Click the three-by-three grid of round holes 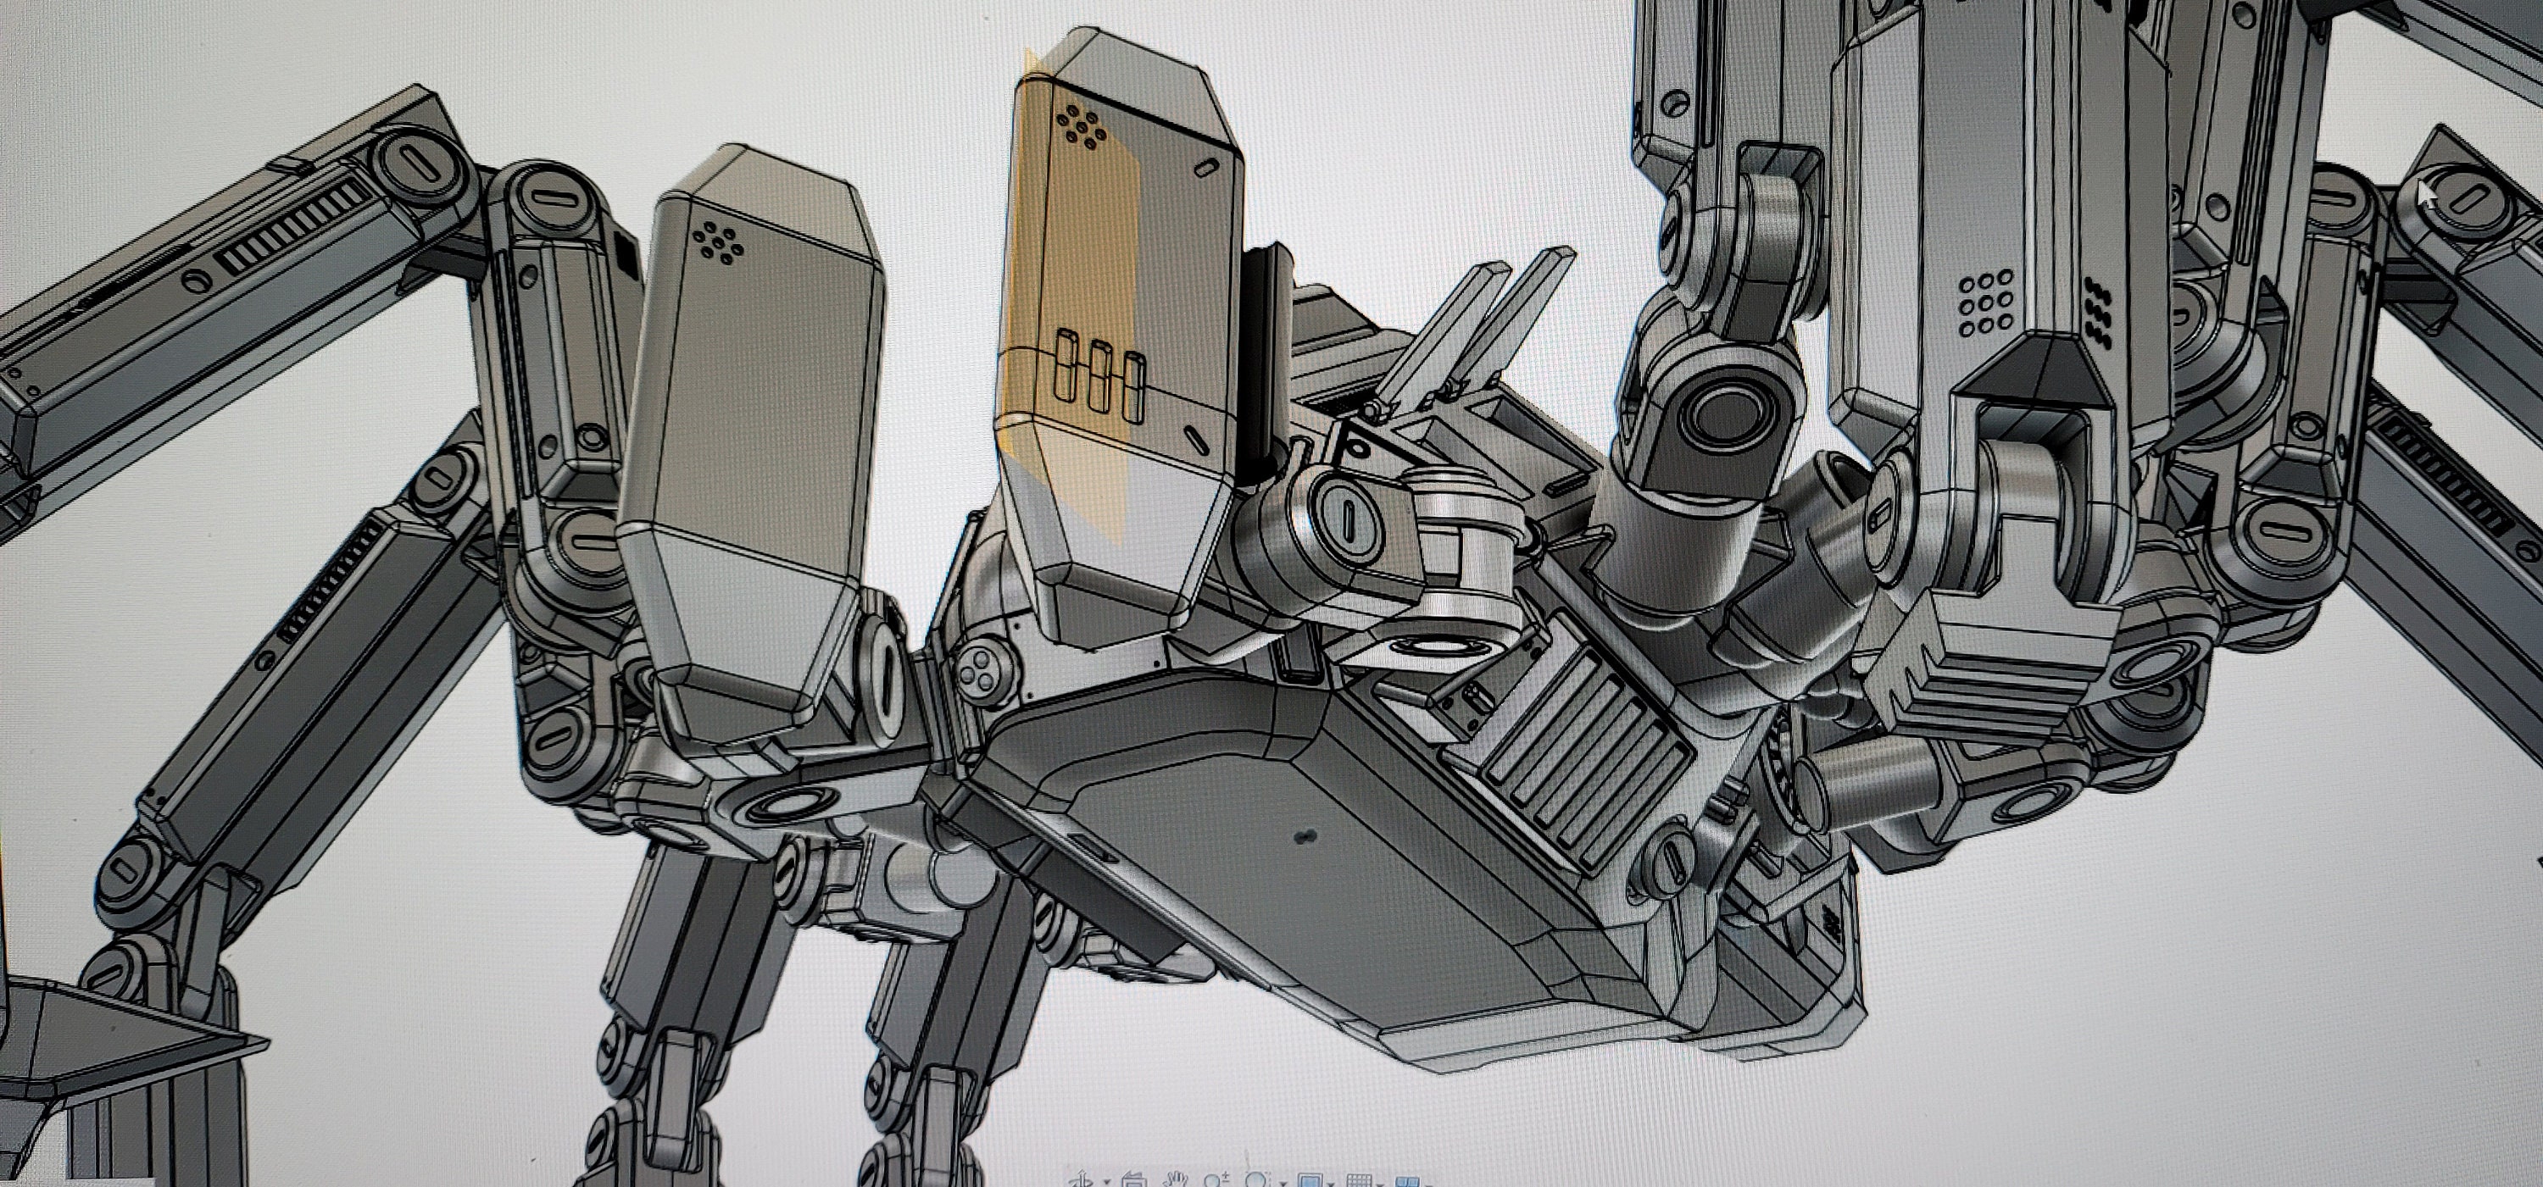pyautogui.click(x=1979, y=306)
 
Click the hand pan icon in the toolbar pyautogui.click(x=1175, y=1180)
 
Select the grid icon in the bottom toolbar pyautogui.click(x=1360, y=1180)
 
